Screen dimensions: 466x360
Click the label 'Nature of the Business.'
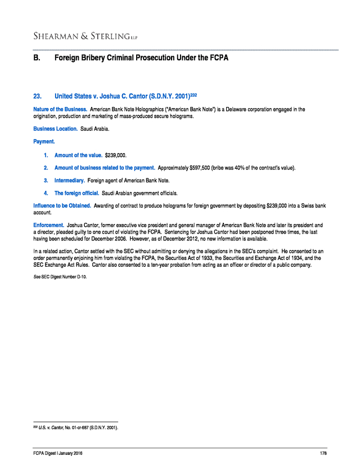click(x=60, y=109)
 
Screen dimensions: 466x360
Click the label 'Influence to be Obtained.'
click(x=62, y=207)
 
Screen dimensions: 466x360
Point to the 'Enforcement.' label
click(x=49, y=226)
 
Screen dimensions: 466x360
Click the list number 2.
click(x=46, y=168)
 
